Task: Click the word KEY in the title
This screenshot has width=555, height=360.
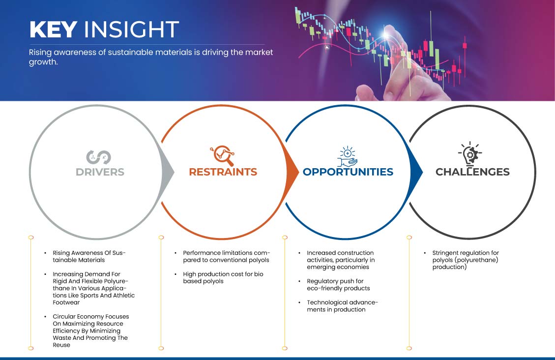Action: point(53,30)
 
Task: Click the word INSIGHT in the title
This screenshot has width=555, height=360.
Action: point(131,30)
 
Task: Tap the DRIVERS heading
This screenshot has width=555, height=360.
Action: point(100,172)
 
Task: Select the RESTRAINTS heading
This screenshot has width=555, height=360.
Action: point(223,172)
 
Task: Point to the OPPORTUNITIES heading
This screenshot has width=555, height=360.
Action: point(348,172)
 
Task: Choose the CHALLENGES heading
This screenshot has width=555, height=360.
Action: point(472,172)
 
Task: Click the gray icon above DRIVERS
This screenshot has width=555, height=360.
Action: point(99,157)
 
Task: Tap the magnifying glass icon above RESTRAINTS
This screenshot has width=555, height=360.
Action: point(222,155)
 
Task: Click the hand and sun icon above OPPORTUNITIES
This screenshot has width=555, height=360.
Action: point(347,156)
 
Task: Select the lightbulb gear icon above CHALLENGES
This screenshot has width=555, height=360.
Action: point(470,154)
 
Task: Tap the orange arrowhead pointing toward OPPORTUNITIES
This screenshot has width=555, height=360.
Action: point(292,173)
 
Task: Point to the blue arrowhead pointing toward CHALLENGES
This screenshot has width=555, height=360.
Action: point(416,173)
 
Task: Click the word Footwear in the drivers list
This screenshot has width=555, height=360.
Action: point(66,302)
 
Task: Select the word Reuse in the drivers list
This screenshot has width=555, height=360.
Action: point(61,345)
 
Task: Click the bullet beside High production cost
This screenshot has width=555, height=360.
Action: point(175,274)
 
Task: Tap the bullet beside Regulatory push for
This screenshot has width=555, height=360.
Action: point(299,281)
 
